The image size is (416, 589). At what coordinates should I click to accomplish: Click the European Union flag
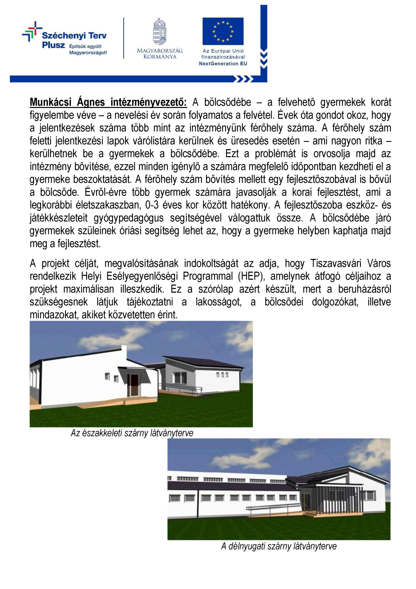(x=223, y=31)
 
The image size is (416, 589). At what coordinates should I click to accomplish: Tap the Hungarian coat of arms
(x=159, y=32)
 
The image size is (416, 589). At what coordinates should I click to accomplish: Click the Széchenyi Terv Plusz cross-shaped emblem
(x=32, y=31)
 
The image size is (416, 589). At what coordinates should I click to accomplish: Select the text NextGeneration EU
(x=223, y=64)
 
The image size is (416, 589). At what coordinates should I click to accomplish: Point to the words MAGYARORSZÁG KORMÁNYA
(x=160, y=54)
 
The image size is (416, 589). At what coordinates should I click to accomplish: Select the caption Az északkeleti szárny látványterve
(x=132, y=433)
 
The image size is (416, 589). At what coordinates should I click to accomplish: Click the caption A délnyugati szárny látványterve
(x=278, y=546)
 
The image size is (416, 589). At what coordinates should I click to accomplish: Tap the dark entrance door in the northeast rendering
(x=134, y=385)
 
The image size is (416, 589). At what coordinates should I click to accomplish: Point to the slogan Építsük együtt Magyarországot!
(x=88, y=49)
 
